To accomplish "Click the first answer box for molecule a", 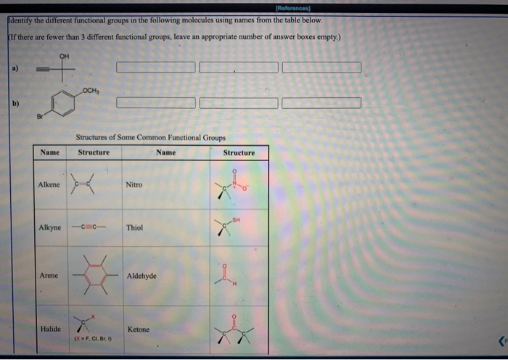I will coord(155,67).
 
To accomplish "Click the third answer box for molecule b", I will coord(321,102).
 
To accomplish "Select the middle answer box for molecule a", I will coord(238,67).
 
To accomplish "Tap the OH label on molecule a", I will coord(65,56).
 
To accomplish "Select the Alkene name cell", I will coord(49,185).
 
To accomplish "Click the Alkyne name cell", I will coord(49,228).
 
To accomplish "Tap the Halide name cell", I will coord(49,329).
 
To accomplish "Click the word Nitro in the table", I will coord(134,185).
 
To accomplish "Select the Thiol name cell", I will coord(135,228).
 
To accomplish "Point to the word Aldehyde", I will coord(142,276).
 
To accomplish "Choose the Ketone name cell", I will coord(138,329).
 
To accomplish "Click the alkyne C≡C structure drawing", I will coord(94,228).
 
